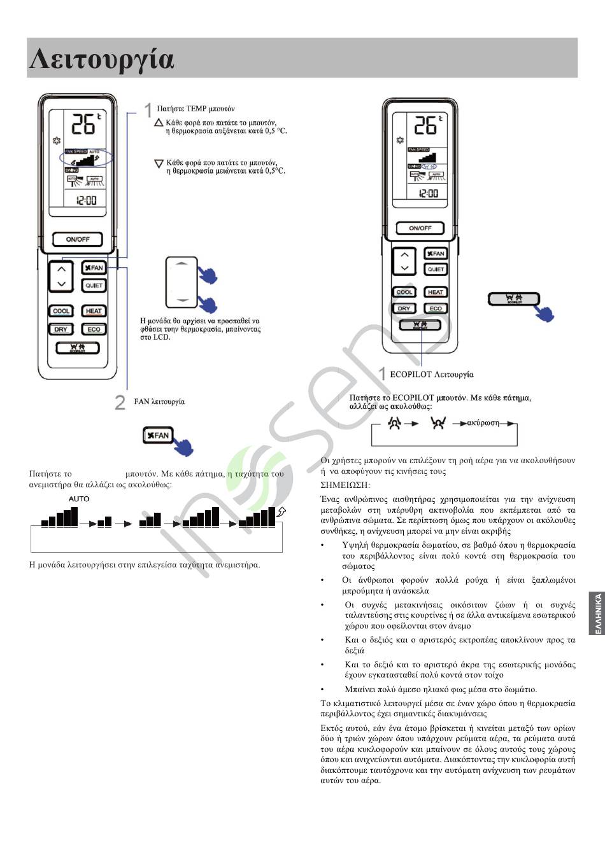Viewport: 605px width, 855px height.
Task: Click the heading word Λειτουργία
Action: coord(102,59)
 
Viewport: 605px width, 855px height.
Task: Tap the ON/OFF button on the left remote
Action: coord(78,239)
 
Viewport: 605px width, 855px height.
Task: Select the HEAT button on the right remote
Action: coord(436,293)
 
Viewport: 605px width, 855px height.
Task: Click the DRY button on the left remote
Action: coord(61,330)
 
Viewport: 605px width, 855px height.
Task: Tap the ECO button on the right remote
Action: coord(436,309)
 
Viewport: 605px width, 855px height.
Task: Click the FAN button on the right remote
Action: coord(436,254)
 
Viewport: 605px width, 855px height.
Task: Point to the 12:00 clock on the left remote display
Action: coord(86,200)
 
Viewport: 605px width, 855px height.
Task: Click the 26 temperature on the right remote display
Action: coord(426,125)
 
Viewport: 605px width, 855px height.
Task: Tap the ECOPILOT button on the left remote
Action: coord(77,348)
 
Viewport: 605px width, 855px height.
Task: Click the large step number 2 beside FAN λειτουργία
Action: coord(120,402)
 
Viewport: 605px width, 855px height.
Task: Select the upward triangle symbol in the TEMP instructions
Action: coord(159,122)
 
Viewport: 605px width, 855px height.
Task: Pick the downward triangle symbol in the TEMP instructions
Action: coord(159,163)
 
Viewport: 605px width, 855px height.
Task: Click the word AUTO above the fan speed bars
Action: coord(79,499)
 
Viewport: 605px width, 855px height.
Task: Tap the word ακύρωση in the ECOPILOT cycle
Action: coord(483,422)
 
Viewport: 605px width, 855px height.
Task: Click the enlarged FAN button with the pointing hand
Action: coord(157,435)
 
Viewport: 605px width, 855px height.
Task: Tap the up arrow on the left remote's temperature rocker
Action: coord(61,270)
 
